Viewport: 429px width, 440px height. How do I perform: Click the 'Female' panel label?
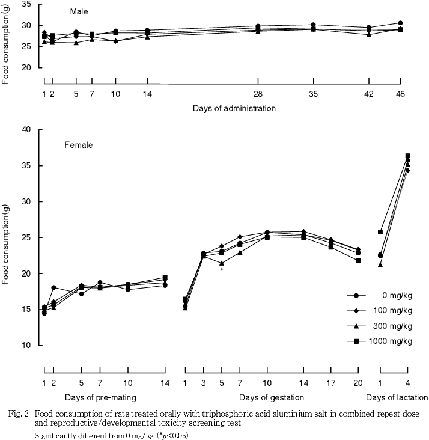click(79, 145)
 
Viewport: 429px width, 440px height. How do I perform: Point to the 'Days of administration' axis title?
click(234, 109)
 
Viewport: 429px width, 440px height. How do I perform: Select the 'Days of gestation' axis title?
click(271, 397)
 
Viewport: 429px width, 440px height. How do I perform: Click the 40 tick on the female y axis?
click(25, 129)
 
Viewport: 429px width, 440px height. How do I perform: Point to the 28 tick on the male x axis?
click(258, 94)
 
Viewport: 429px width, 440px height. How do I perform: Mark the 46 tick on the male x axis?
click(400, 94)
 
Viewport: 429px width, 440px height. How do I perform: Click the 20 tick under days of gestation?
click(358, 383)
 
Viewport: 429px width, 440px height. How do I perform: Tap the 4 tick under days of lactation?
click(408, 383)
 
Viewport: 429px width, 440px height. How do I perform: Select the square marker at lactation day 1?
click(380, 232)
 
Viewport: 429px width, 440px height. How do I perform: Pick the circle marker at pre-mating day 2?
click(53, 288)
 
